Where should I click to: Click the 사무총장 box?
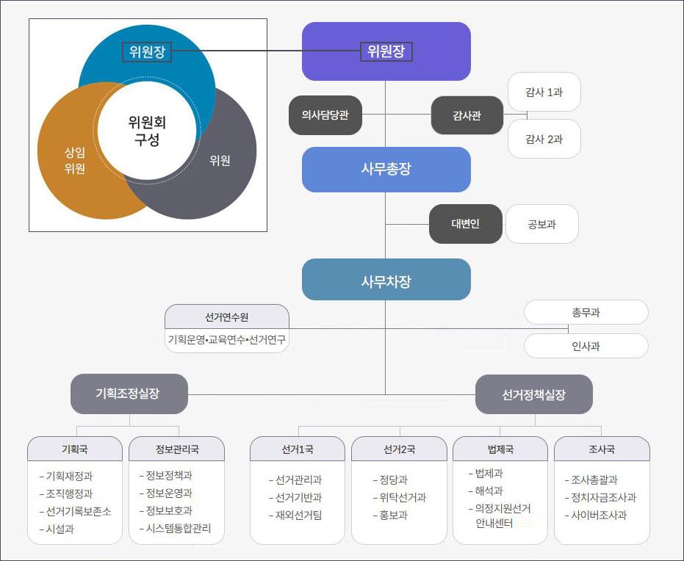click(386, 169)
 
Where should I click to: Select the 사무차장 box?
click(386, 280)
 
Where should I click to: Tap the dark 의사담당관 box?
click(325, 115)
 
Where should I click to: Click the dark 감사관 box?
click(467, 115)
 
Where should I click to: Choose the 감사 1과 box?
click(544, 92)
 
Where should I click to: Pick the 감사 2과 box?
click(544, 139)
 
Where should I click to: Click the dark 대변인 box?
click(466, 224)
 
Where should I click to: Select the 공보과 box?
click(541, 224)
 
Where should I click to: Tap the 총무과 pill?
click(586, 312)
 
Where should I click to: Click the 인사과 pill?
click(586, 346)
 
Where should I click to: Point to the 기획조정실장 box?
click(129, 394)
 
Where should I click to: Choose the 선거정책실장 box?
click(533, 394)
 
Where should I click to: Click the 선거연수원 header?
click(227, 317)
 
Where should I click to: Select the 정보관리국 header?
click(176, 449)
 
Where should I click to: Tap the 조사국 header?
click(602, 449)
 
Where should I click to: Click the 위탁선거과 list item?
click(399, 498)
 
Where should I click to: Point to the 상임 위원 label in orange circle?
click(74, 160)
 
